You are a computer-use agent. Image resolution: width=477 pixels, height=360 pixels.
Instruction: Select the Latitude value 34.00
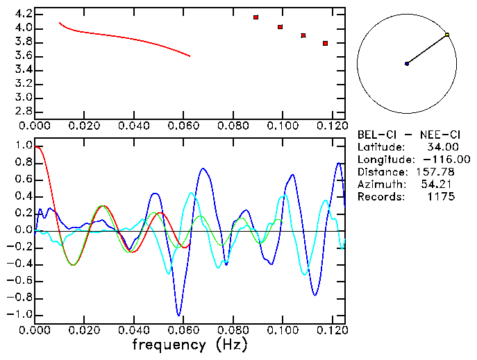[x=441, y=147]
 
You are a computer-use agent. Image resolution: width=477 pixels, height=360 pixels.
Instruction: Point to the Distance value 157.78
[x=436, y=172]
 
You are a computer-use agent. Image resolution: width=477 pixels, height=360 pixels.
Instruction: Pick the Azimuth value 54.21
[x=441, y=185]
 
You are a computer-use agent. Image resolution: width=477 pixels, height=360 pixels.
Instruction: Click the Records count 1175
[x=441, y=197]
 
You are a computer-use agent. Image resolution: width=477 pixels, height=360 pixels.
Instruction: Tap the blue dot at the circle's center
[x=407, y=64]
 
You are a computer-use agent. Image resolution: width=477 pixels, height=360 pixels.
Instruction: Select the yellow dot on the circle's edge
[x=447, y=35]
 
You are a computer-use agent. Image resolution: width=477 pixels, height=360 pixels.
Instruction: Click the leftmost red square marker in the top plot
[x=256, y=17]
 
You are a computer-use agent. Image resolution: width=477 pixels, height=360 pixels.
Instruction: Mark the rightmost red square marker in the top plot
[x=325, y=43]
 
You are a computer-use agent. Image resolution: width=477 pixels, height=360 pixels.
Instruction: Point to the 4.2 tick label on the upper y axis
[x=22, y=14]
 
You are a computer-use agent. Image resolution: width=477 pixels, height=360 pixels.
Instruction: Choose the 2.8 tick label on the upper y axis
[x=22, y=111]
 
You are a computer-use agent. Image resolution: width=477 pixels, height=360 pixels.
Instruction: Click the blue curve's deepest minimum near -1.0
[x=179, y=315]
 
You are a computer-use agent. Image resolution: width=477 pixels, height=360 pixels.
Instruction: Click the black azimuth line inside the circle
[x=427, y=49]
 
